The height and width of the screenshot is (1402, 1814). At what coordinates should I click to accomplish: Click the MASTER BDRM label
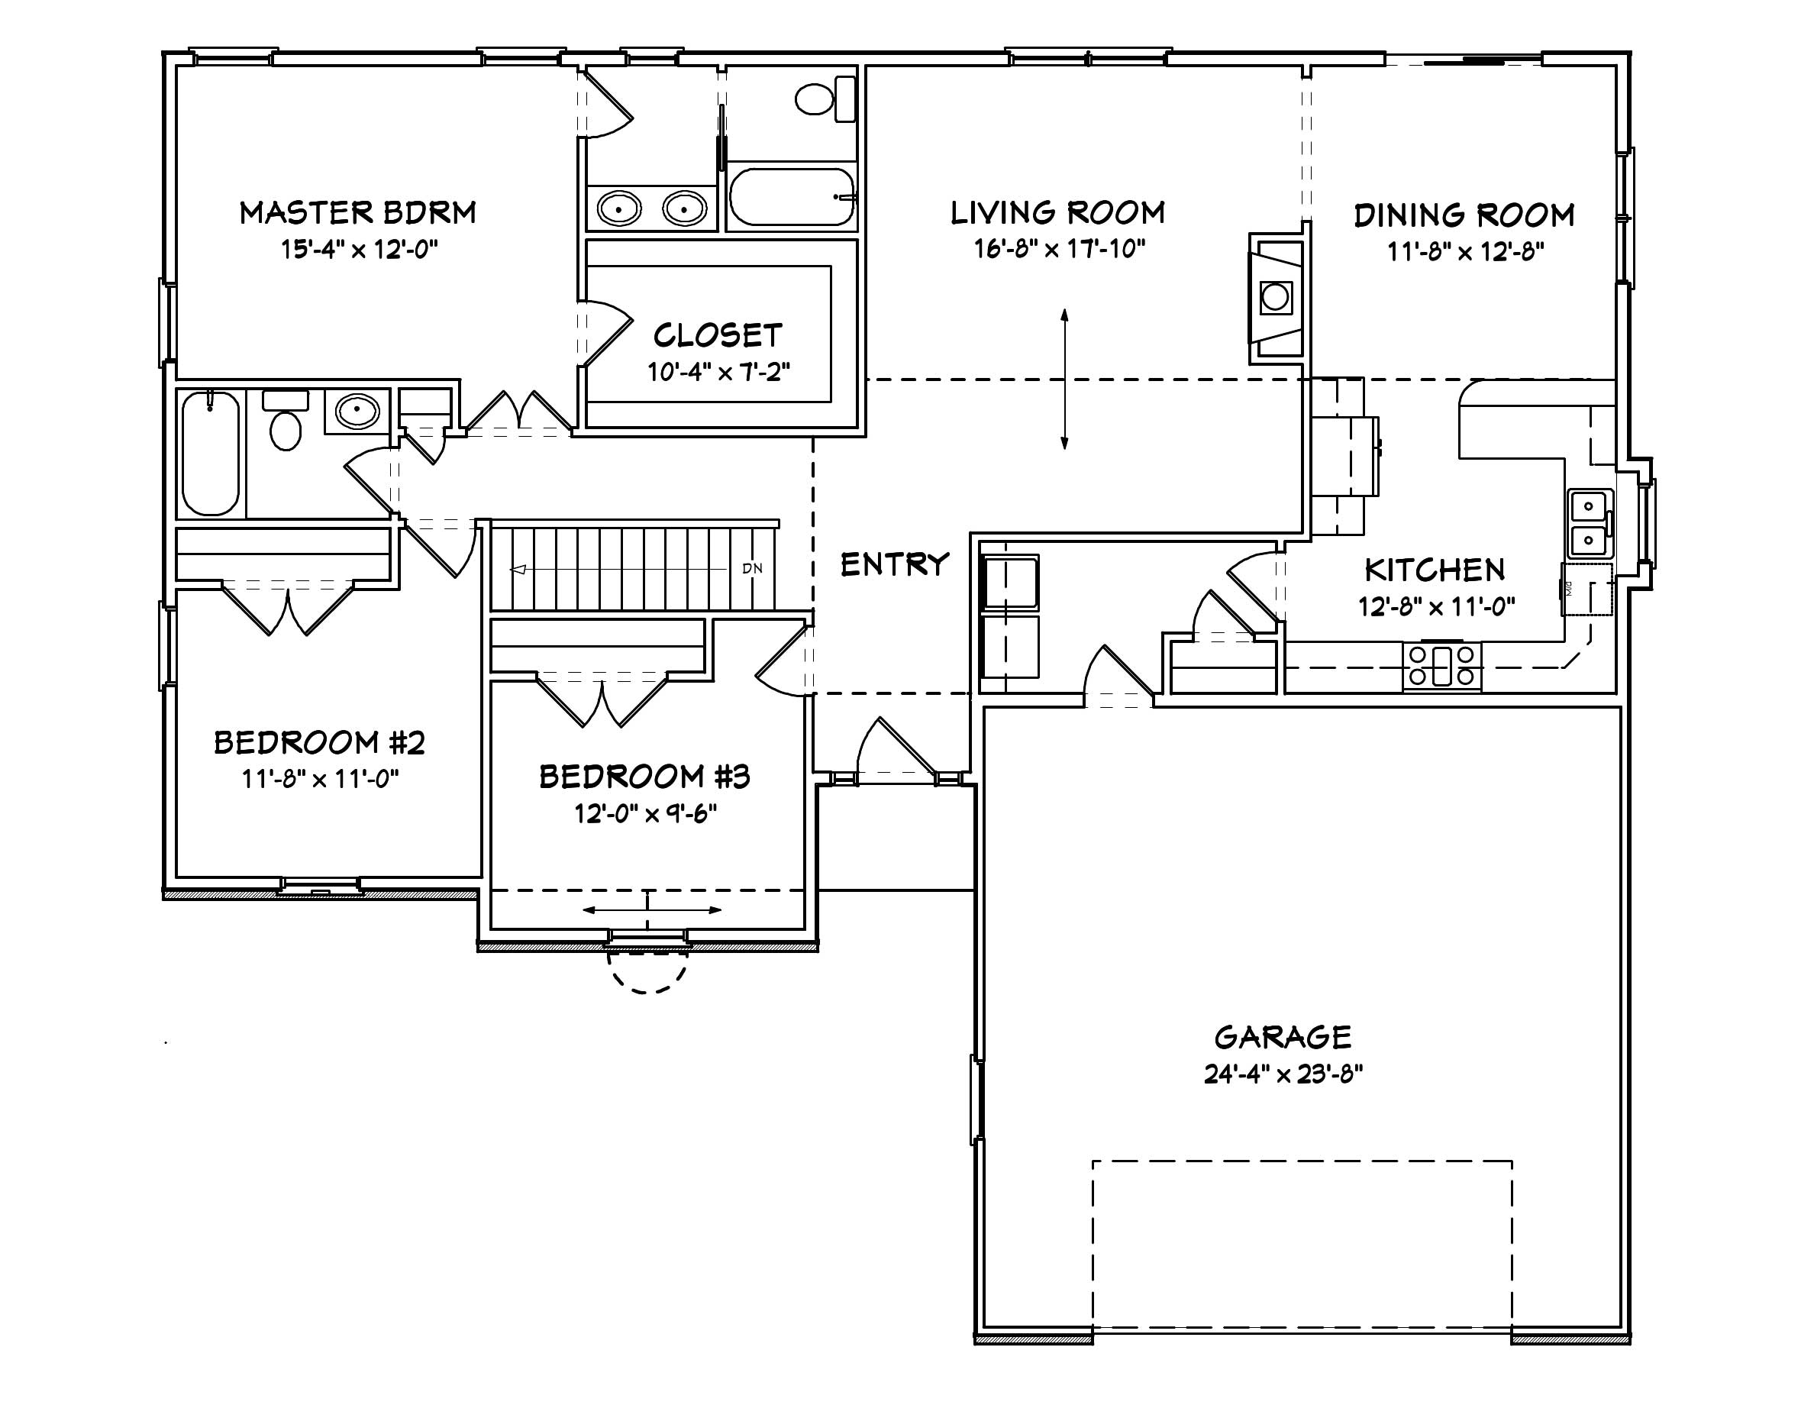coord(358,212)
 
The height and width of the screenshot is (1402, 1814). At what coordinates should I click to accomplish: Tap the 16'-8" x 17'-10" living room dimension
coord(1059,248)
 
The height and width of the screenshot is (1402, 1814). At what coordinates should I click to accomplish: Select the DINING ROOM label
coord(1464,215)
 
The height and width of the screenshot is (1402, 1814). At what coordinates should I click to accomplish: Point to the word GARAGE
coord(1283,1038)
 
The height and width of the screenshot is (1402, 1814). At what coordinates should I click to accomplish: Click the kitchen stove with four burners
coord(1442,666)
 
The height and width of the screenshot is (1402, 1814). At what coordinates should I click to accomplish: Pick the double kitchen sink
coord(1589,523)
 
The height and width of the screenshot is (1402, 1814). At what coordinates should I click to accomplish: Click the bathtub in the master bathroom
coord(792,197)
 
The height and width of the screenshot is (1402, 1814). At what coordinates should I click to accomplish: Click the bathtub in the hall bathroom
coord(210,453)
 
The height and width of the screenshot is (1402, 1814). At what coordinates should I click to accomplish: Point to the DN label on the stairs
coord(752,569)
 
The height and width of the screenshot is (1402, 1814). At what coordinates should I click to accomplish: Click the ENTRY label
coord(894,565)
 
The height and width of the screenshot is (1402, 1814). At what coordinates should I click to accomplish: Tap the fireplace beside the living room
coord(1276,296)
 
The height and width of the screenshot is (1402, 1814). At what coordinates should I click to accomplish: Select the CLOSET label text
coord(718,335)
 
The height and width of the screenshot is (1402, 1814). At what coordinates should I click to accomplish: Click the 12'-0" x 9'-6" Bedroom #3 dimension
coord(644,813)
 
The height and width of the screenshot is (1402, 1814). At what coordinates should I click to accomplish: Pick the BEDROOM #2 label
coord(320,741)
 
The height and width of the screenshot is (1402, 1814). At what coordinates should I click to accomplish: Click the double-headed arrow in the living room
coord(1064,379)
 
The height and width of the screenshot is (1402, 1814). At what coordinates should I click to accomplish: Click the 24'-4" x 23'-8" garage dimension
coord(1283,1074)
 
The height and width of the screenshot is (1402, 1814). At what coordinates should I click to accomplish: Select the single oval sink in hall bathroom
coord(357,410)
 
